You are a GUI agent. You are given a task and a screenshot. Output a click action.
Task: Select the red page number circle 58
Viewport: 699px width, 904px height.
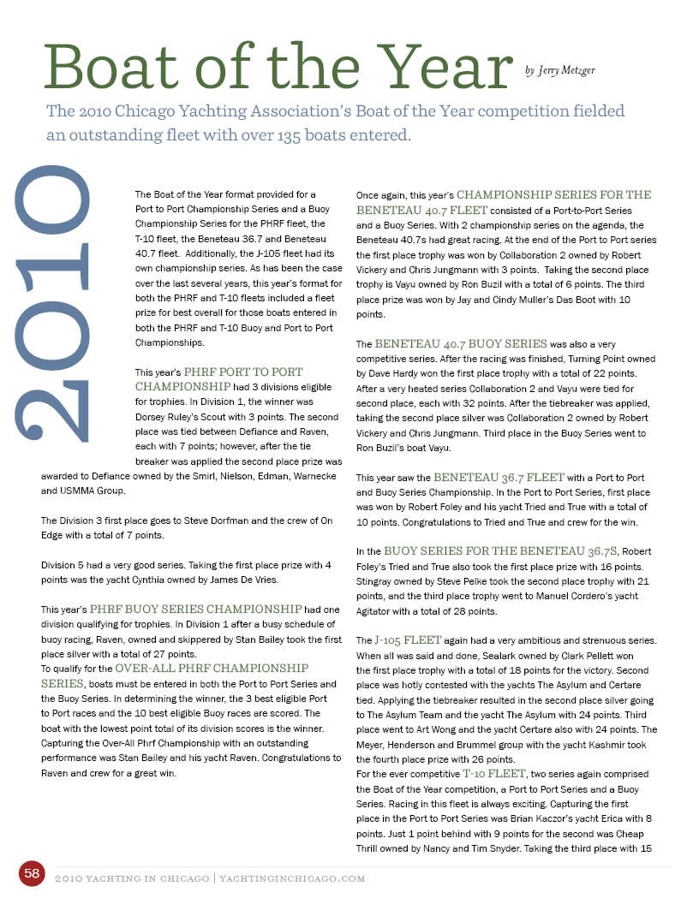point(33,873)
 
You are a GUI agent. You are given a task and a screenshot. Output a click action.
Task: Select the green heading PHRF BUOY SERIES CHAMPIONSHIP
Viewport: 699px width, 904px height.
point(195,609)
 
